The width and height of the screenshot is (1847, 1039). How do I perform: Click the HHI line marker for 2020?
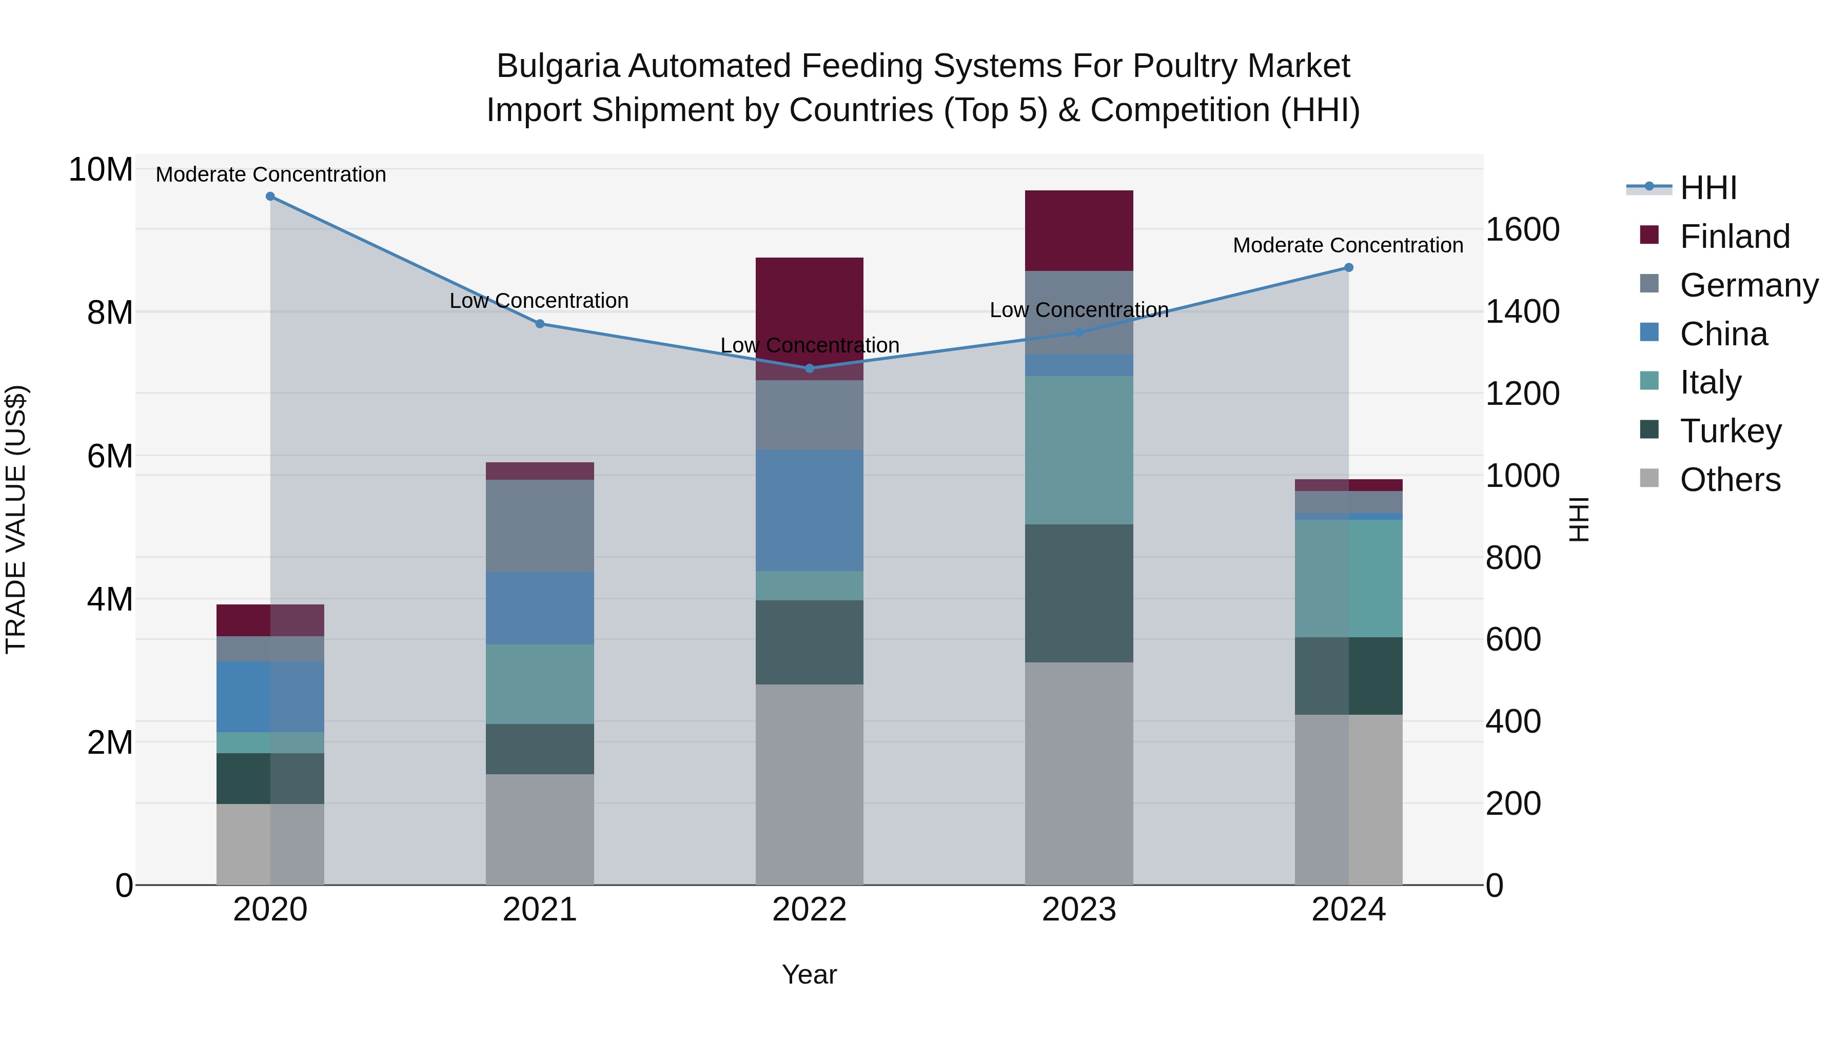tap(270, 197)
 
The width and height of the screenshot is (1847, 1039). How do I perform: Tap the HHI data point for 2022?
tap(810, 368)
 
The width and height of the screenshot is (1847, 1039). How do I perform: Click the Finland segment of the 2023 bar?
tap(1079, 230)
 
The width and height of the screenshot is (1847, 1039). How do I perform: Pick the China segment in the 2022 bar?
tap(810, 511)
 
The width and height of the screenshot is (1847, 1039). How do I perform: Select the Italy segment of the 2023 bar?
tap(1079, 450)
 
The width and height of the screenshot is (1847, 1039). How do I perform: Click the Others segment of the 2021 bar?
tap(540, 829)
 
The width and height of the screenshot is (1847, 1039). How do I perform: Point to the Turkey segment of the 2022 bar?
tap(810, 642)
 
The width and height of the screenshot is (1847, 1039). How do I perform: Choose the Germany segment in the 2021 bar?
tap(540, 525)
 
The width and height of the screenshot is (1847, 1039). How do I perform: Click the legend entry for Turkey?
tap(1730, 431)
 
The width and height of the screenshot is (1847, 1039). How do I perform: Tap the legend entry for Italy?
tap(1710, 382)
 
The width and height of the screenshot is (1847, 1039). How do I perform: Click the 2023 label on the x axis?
tap(1079, 910)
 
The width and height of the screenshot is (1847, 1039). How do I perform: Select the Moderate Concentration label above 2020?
tap(271, 174)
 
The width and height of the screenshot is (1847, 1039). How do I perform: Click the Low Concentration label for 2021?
tap(539, 301)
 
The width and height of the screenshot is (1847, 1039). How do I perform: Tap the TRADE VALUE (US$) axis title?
tap(16, 519)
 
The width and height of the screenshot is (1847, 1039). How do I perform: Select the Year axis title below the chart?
tap(810, 974)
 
